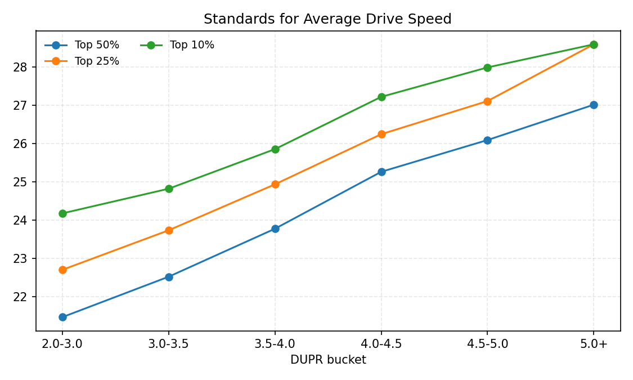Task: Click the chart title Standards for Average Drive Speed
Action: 327,19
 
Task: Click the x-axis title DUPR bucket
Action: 328,360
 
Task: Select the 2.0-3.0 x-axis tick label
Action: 62,344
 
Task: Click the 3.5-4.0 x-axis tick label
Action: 275,344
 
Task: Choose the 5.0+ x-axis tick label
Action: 594,344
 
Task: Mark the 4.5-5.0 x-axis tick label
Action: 487,344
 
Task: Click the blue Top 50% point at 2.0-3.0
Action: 62,317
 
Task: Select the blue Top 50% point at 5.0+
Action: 594,105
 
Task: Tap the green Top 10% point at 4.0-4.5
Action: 381,97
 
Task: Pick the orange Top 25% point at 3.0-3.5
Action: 169,230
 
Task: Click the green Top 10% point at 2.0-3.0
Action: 62,213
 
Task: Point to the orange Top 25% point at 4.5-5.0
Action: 487,101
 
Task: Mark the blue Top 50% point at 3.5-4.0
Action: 275,229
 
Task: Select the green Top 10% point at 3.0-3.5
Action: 169,189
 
